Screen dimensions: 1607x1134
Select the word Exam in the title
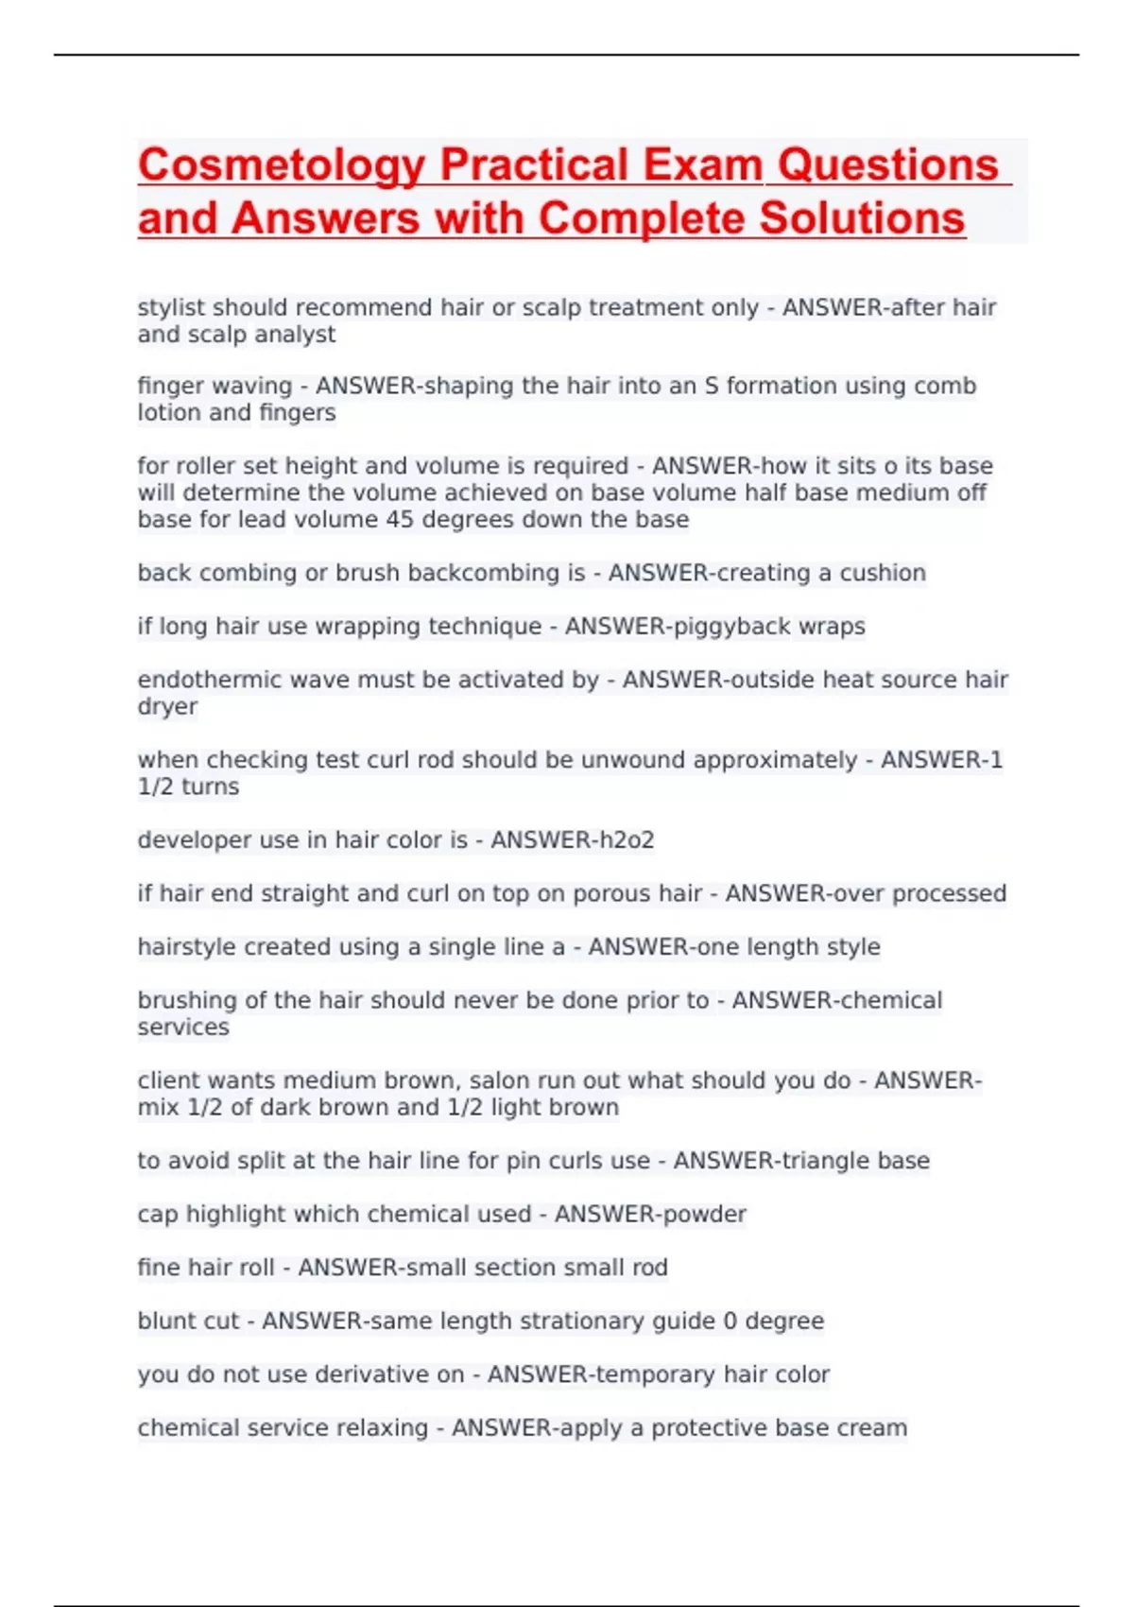tap(702, 165)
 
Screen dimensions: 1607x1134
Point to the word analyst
tap(294, 335)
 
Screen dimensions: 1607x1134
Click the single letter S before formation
tap(711, 386)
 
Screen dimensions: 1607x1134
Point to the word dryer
tap(167, 707)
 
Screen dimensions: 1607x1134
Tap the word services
tap(183, 1028)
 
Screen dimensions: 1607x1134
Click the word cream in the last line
tap(873, 1427)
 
